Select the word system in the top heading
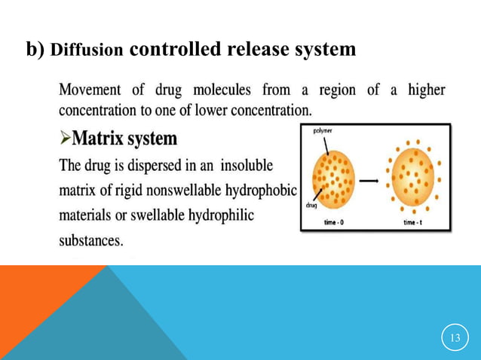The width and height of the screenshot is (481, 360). (322, 50)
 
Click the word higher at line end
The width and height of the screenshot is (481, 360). (426, 91)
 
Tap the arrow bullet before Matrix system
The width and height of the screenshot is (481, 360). (66, 139)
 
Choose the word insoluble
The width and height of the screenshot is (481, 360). (247, 166)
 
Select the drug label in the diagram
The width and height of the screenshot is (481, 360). (311, 205)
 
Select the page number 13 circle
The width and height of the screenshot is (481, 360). (454, 337)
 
